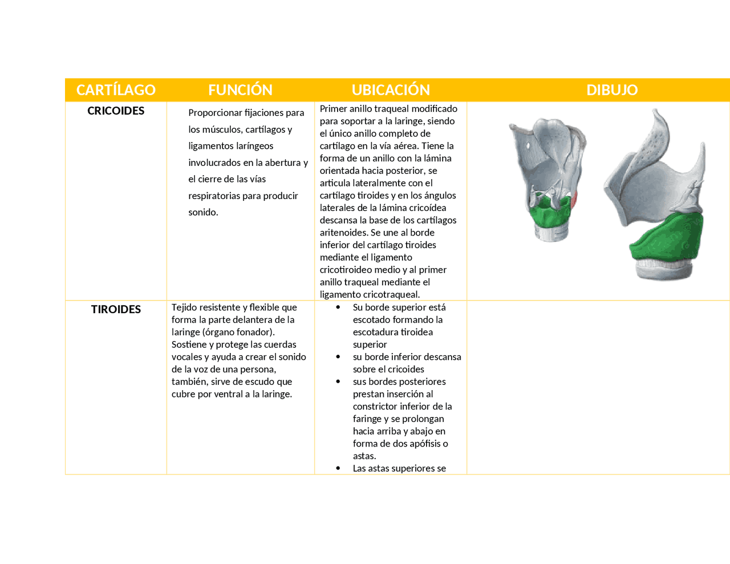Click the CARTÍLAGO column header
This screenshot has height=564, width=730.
coord(116,90)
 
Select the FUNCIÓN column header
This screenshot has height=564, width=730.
coord(240,90)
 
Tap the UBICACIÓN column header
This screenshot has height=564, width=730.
coord(391,90)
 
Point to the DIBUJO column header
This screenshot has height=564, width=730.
coord(612,90)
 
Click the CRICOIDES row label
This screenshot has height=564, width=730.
coord(116,111)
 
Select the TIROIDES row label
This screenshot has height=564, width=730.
coord(116,309)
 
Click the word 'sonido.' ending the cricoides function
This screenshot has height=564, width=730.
coord(203,212)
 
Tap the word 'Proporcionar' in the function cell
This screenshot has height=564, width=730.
coord(215,113)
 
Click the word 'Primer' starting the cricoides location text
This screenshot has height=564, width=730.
coord(333,108)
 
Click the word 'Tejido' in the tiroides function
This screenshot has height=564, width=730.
coord(185,307)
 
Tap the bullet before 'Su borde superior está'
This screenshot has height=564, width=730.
coord(338,307)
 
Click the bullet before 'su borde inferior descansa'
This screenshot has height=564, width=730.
coord(338,357)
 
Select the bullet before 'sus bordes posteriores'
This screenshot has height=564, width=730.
coord(338,382)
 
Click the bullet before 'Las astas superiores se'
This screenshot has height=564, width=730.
coord(338,468)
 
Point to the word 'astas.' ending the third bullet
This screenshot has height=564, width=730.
coord(364,456)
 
